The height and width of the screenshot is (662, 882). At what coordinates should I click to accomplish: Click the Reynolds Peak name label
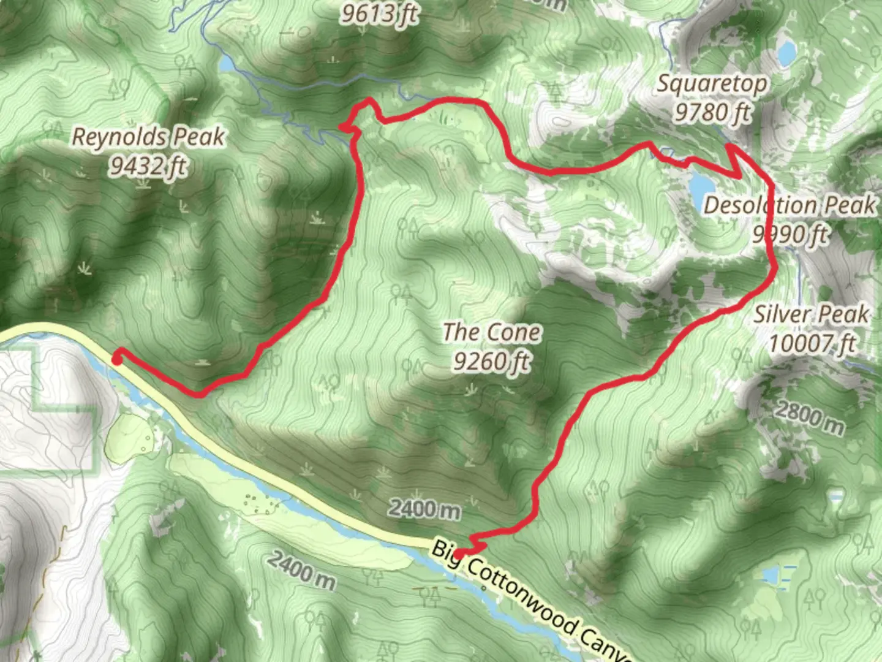[148, 137]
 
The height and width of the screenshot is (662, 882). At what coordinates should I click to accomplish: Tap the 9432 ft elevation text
[148, 165]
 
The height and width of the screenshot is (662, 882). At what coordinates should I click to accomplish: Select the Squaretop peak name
[712, 84]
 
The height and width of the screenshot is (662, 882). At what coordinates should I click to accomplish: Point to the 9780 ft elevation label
[713, 112]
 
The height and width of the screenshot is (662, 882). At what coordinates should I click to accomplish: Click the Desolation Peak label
[790, 205]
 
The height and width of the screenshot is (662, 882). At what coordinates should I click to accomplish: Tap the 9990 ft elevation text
[790, 234]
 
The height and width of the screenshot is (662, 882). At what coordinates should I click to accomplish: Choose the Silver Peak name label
[812, 314]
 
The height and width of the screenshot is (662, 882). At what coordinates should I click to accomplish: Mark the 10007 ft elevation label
[812, 343]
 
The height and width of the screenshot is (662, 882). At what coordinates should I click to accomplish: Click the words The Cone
[492, 333]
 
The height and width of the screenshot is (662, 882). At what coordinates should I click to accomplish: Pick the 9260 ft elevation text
[492, 362]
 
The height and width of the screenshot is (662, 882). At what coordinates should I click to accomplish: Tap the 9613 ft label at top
[380, 13]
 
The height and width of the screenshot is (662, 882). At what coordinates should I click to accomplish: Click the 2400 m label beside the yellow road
[424, 509]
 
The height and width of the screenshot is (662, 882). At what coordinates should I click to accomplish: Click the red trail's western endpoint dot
[116, 359]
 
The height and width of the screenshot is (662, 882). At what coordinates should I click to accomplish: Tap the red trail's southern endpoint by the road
[459, 555]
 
